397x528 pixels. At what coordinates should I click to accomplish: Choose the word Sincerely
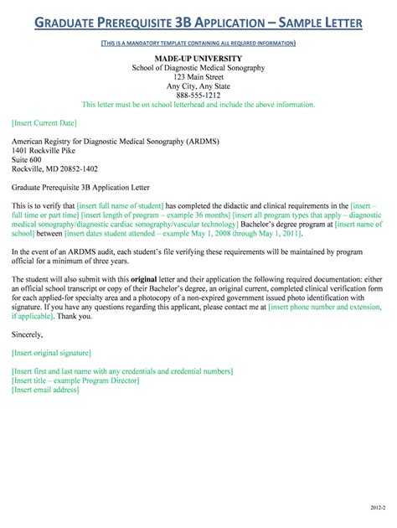[x=31, y=310]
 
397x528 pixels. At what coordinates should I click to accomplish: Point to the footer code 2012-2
[x=375, y=508]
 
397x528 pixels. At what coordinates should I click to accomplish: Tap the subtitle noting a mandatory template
[x=198, y=42]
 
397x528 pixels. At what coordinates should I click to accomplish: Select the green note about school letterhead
[x=198, y=105]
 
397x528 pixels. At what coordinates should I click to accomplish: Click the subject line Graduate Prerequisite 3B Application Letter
[x=80, y=188]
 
